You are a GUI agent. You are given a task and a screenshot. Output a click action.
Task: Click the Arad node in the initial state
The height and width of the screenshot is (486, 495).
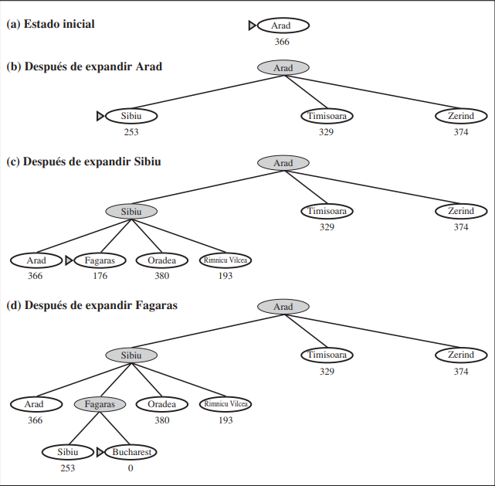(282, 25)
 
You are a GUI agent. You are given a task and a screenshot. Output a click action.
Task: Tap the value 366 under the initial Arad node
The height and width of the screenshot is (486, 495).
(282, 42)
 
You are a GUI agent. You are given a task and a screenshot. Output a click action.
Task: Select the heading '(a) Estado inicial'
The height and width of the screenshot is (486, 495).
(51, 24)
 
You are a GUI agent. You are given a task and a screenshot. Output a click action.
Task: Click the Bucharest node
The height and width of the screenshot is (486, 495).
(133, 452)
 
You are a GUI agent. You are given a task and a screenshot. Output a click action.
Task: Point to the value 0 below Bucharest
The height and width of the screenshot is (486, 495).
(131, 468)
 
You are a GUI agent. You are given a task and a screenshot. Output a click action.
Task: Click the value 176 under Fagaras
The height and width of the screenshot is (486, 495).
(99, 276)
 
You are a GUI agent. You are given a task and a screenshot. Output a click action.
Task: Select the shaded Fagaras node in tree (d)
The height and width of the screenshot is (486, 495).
(100, 404)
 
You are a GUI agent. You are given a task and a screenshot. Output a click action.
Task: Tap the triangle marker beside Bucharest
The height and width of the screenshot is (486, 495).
(100, 452)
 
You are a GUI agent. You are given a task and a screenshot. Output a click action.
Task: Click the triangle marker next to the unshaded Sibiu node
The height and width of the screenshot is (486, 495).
(100, 116)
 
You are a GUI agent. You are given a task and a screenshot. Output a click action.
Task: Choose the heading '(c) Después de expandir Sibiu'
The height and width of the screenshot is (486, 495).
(83, 162)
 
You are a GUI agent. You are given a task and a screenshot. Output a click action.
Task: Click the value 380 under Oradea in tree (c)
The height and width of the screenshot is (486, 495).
(162, 276)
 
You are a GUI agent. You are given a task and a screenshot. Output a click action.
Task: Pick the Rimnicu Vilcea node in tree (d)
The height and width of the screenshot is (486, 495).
(225, 404)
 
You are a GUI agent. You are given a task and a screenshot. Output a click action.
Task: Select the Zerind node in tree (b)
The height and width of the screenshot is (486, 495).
(461, 116)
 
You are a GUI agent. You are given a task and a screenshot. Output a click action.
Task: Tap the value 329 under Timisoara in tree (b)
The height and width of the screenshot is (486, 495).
(326, 132)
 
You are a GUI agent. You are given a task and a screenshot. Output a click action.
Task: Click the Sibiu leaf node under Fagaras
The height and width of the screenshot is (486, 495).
(67, 452)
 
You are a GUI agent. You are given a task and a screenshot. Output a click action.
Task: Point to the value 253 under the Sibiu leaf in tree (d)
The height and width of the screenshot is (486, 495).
(67, 468)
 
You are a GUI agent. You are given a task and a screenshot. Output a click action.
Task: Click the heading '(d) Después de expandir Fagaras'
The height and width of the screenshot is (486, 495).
(92, 305)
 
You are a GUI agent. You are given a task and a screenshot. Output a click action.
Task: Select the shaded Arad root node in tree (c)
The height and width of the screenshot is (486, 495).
(283, 163)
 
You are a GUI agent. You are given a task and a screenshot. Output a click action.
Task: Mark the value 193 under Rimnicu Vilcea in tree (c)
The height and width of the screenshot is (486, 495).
(225, 276)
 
